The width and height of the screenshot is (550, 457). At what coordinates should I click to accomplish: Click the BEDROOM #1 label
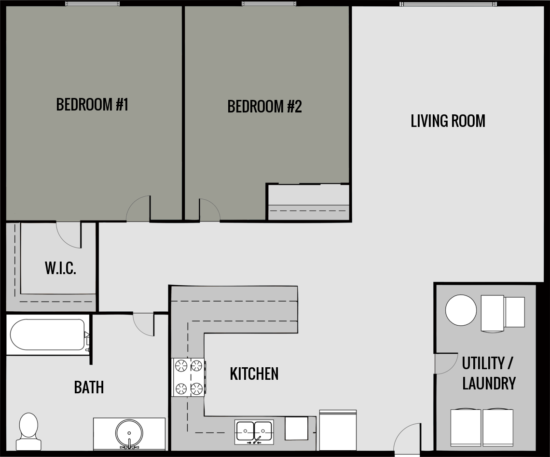(x=92, y=104)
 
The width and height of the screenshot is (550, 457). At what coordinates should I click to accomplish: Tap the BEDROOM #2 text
(x=264, y=106)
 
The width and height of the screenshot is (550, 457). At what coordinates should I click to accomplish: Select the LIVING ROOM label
(x=448, y=121)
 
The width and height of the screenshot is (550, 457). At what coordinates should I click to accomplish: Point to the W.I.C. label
(x=61, y=268)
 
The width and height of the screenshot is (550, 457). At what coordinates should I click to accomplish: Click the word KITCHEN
(x=254, y=374)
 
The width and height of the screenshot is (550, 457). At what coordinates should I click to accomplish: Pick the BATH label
(x=89, y=387)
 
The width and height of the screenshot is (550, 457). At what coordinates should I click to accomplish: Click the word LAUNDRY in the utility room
(x=489, y=384)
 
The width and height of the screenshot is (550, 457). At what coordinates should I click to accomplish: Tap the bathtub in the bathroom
(x=47, y=334)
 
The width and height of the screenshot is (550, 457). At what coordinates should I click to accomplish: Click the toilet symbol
(x=28, y=430)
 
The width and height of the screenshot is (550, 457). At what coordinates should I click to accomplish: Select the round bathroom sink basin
(x=129, y=432)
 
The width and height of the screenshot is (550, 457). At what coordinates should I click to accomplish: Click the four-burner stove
(x=189, y=377)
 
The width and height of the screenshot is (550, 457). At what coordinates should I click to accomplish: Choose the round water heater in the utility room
(x=461, y=310)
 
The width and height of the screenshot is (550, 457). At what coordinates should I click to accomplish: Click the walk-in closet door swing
(x=68, y=234)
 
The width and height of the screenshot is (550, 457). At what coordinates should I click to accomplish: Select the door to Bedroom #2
(x=209, y=211)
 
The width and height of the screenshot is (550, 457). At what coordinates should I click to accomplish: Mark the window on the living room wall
(x=448, y=4)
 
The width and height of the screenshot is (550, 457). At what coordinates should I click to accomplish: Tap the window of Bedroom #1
(x=92, y=4)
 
